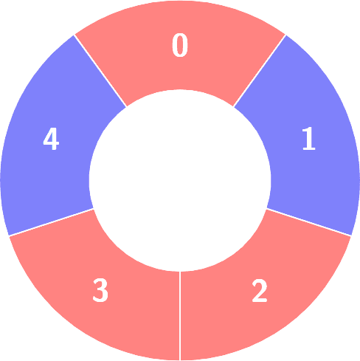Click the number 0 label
coord(180,45)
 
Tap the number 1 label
coord(309,138)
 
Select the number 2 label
coord(260,291)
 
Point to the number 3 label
coord(100,291)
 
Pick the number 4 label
coord(51,139)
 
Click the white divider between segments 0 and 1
coord(260,71)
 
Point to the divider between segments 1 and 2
coord(309,222)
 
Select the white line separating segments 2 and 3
coord(180,316)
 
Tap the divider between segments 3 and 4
coord(51,222)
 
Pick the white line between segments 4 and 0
coord(100,71)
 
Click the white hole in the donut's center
coord(180,180)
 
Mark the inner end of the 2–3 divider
coord(180,272)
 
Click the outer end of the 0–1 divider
coord(285,35)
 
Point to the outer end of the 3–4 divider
coord(9,235)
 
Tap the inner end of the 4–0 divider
coord(126,107)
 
